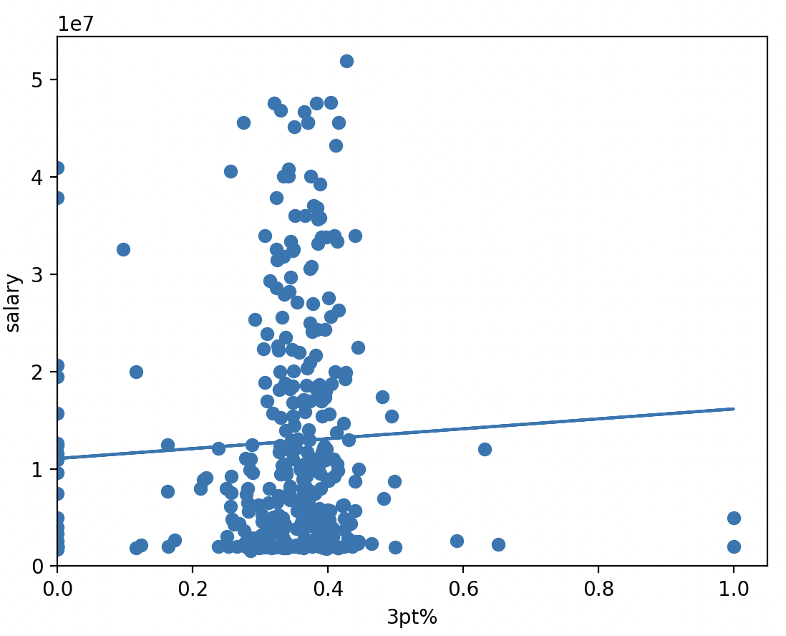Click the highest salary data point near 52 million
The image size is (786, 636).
click(346, 62)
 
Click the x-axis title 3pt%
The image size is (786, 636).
click(412, 617)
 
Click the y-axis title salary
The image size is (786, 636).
click(13, 302)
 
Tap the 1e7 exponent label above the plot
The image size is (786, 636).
click(76, 24)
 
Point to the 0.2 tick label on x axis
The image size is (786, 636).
click(193, 589)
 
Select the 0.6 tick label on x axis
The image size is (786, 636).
click(463, 589)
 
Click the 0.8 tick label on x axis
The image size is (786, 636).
click(598, 589)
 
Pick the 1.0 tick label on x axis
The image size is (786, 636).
click(734, 589)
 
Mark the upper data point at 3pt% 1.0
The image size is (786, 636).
click(734, 518)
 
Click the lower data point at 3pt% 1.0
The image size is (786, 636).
click(734, 546)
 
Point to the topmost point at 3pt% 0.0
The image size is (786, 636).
click(58, 168)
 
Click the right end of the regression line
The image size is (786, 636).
click(734, 409)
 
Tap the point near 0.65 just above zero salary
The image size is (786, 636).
click(498, 544)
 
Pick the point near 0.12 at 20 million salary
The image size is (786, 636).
click(136, 372)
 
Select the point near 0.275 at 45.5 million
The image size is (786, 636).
click(243, 122)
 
